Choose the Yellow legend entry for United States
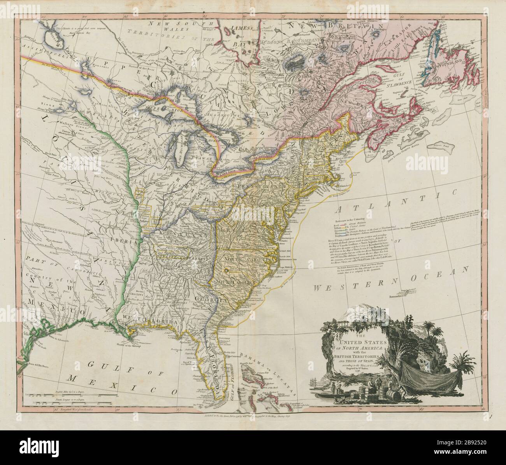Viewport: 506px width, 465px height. pyautogui.click(x=350, y=229)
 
